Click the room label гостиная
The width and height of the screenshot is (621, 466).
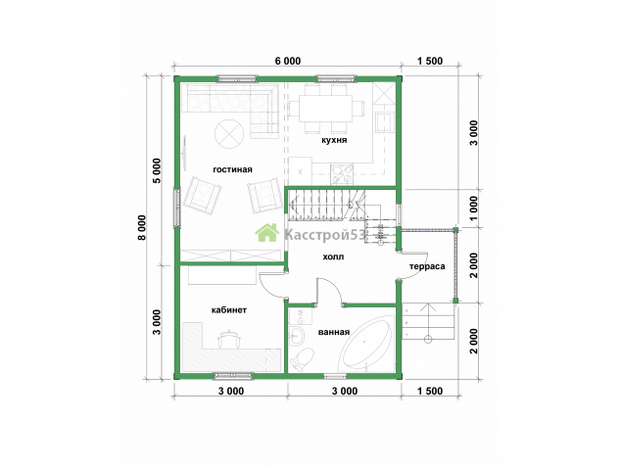tap(232, 169)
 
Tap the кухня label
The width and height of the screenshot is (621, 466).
tap(334, 140)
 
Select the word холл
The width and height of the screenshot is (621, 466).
tap(333, 256)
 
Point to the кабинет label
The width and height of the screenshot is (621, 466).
tap(229, 309)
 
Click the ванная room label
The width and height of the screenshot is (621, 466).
tap(334, 332)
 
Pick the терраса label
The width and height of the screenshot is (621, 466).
tap(427, 266)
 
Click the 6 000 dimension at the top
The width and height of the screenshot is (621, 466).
tap(288, 61)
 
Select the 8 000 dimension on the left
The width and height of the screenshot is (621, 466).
tap(143, 227)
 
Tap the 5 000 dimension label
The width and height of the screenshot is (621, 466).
tap(158, 170)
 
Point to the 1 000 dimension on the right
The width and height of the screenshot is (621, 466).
tap(474, 209)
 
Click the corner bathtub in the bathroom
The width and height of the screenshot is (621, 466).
tap(364, 343)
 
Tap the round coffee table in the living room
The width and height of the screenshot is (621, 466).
tap(228, 133)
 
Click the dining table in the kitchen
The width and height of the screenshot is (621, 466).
tap(325, 108)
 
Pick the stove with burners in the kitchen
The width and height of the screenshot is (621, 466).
tap(342, 174)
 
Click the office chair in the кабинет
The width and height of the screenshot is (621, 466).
tap(228, 339)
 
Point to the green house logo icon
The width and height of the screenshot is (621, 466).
tap(267, 232)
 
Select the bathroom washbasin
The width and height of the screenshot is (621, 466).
tap(296, 336)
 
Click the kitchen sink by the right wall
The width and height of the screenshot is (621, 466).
tap(384, 121)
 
